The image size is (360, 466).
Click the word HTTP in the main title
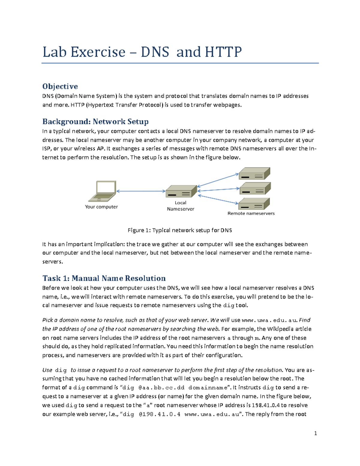[223, 52]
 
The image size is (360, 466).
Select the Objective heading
[60, 86]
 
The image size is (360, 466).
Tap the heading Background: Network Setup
[95, 122]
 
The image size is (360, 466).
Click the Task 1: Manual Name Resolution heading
[104, 278]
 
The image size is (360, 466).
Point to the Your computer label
[101, 207]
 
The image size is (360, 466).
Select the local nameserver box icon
[181, 191]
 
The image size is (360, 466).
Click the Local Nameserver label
[181, 206]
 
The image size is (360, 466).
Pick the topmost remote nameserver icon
[254, 174]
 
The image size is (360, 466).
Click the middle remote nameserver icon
[255, 188]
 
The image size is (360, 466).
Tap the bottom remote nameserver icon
[254, 204]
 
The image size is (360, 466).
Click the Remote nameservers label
[251, 213]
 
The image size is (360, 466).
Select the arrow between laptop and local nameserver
[141, 191]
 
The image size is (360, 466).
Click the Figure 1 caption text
[180, 230]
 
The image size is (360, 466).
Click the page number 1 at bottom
[315, 433]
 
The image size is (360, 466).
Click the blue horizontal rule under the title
[180, 63]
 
